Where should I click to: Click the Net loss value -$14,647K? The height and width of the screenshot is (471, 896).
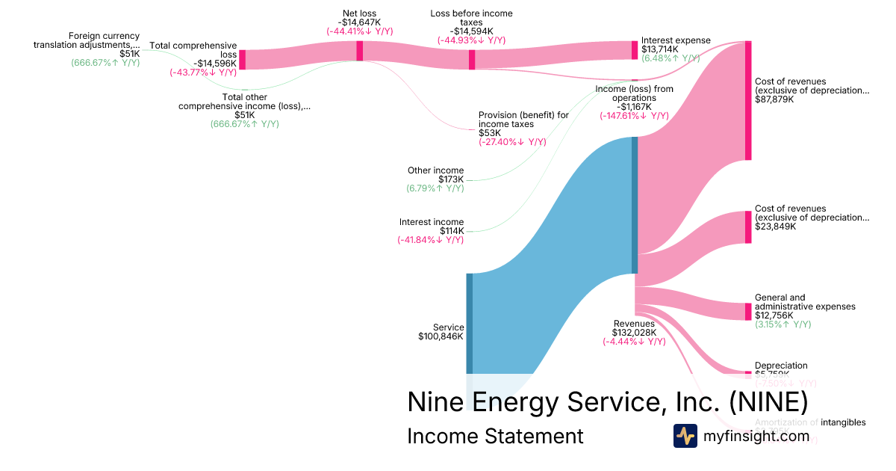pyautogui.click(x=359, y=22)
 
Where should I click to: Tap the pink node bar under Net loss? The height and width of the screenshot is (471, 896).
pyautogui.click(x=359, y=50)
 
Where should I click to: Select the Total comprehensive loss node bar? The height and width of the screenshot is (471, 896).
pyautogui.click(x=242, y=60)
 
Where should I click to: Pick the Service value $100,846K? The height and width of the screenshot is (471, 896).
pyautogui.click(x=441, y=336)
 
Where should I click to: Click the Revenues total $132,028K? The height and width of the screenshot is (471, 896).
pyautogui.click(x=633, y=333)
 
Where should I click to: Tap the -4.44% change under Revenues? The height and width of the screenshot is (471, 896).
pyautogui.click(x=633, y=342)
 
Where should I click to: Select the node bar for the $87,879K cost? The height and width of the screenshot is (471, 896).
pyautogui.click(x=747, y=100)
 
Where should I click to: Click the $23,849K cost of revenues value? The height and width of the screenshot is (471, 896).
pyautogui.click(x=775, y=227)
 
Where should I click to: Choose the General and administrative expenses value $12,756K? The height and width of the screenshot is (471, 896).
pyautogui.click(x=775, y=315)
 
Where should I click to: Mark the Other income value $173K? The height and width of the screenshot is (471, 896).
pyautogui.click(x=450, y=179)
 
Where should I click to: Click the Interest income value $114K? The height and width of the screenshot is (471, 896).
pyautogui.click(x=451, y=231)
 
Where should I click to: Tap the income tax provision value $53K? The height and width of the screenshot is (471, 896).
pyautogui.click(x=490, y=133)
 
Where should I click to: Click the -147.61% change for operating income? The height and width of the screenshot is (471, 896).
pyautogui.click(x=633, y=116)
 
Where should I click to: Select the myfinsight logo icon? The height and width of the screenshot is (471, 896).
pyautogui.click(x=685, y=436)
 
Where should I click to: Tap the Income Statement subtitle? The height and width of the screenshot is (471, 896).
pyautogui.click(x=494, y=436)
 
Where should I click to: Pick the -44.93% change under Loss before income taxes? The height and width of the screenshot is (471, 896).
pyautogui.click(x=471, y=40)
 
